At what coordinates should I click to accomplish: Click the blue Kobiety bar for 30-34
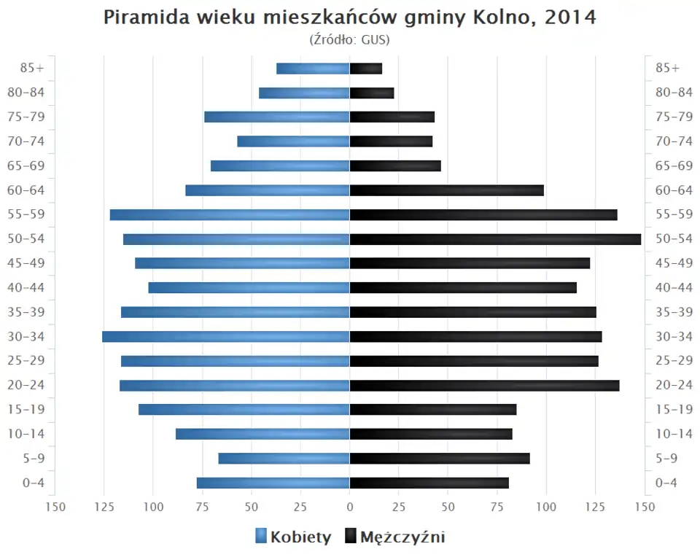point(226,336)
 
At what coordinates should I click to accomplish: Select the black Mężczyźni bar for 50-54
point(496,239)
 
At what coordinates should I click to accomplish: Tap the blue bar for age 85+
point(314,69)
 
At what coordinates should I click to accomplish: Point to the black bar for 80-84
point(372,93)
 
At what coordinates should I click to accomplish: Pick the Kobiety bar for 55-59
point(230,214)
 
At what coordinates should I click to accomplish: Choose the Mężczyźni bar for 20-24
point(485,385)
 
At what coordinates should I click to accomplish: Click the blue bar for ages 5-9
point(284,458)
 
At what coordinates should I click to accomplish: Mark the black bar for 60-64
point(447,190)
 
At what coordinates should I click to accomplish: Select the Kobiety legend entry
point(293,537)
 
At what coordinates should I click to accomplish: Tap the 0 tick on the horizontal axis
point(350,507)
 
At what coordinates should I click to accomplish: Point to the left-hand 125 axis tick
point(104,507)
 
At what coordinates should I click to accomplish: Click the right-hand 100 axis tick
point(546,507)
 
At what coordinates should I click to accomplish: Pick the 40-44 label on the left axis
point(26,287)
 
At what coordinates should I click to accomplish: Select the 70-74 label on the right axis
point(674,141)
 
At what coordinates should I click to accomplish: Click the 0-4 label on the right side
point(667,483)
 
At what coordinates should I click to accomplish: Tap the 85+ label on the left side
point(33,69)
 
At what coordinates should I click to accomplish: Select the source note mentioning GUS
point(350,39)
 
